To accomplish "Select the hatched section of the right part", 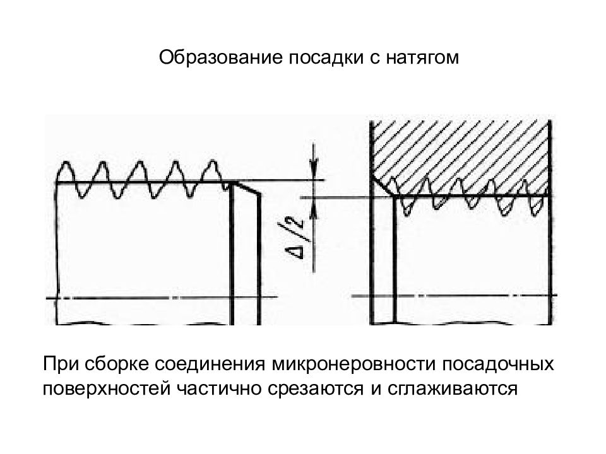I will [x=461, y=151].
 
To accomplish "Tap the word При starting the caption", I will [x=59, y=365].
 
